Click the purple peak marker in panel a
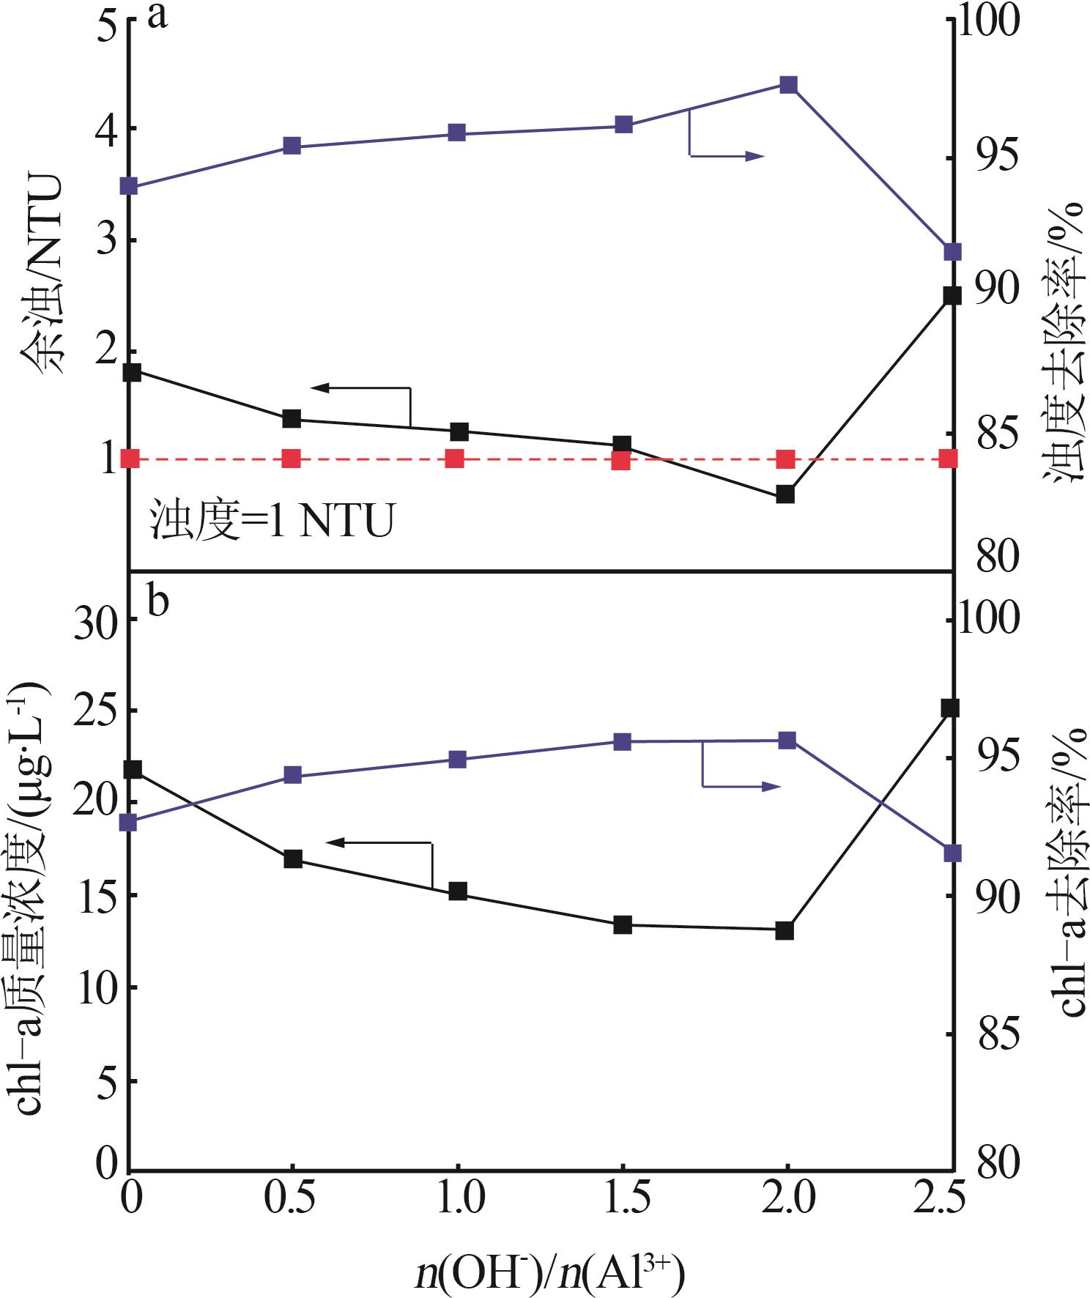788,84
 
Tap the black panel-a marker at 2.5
952,296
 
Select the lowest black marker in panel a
785,494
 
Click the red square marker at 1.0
455,459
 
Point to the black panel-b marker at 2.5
950,708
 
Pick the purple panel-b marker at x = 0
130,823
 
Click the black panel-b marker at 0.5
293,859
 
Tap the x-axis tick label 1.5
623,1199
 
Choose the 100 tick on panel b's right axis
988,619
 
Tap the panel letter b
158,601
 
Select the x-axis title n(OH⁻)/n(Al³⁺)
549,1273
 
